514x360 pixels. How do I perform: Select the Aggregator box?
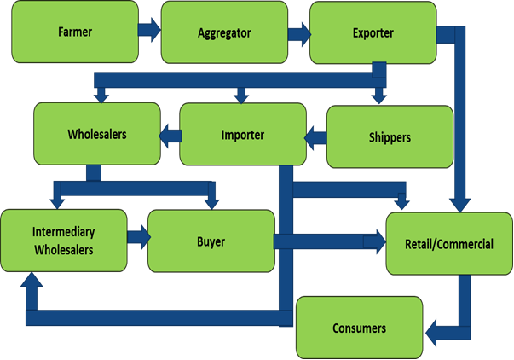tap(223, 32)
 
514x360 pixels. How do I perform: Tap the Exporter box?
tap(372, 32)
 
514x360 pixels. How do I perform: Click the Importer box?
tap(242, 135)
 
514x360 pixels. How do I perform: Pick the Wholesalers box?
tap(96, 133)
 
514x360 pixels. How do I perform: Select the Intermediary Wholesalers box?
tap(62, 241)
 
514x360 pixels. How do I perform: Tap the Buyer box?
tap(210, 241)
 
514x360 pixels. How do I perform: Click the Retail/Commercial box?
tap(450, 243)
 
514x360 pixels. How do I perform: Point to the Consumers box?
tap(359, 328)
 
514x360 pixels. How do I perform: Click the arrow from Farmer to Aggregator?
tap(148, 32)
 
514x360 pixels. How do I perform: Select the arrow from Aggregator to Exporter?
tap(298, 34)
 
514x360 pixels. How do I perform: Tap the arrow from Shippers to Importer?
tap(316, 135)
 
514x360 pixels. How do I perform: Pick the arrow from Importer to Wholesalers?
tap(170, 133)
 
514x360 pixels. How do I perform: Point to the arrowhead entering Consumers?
tap(433, 332)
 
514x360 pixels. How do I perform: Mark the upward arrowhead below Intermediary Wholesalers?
tap(32, 282)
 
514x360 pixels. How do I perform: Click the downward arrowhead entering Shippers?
tap(377, 96)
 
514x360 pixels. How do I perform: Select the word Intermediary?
tap(61, 232)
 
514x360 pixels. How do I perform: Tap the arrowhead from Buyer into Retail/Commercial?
tap(375, 242)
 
